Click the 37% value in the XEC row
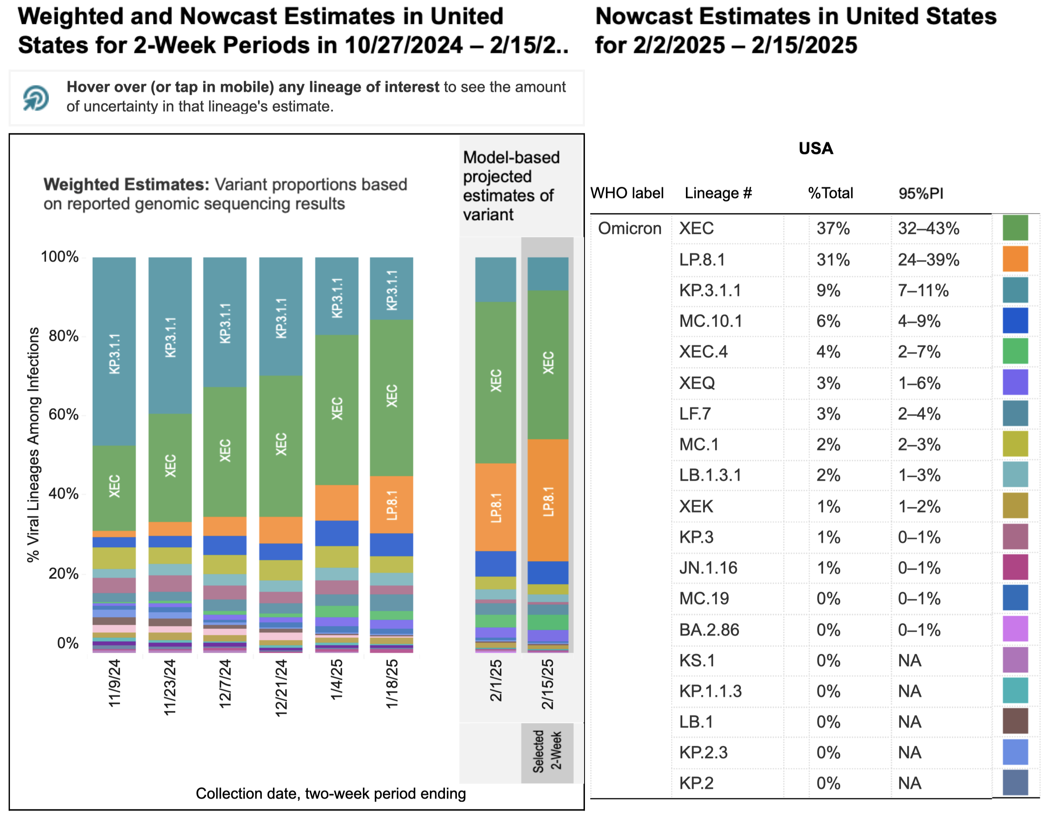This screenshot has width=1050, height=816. [833, 228]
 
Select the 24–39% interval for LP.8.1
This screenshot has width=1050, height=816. [928, 260]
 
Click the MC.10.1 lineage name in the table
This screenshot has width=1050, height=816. [710, 321]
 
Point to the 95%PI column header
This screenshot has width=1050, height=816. [920, 193]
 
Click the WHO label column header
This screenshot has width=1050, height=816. [626, 193]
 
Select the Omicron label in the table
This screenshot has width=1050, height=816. [629, 228]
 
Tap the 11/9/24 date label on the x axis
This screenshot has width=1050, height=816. [115, 683]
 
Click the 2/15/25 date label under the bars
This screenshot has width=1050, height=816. [548, 684]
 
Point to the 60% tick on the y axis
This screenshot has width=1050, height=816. [64, 415]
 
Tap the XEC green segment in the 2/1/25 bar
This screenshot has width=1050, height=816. [496, 382]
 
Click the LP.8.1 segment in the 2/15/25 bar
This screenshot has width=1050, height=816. [548, 500]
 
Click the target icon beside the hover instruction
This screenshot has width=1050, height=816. [36, 98]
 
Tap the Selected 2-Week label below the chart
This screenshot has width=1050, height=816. [547, 751]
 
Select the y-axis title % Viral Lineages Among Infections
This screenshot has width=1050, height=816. [33, 445]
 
